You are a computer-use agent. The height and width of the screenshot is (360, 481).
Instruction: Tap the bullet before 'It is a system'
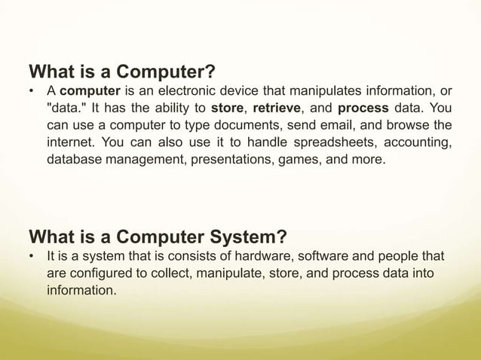[x=32, y=257]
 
